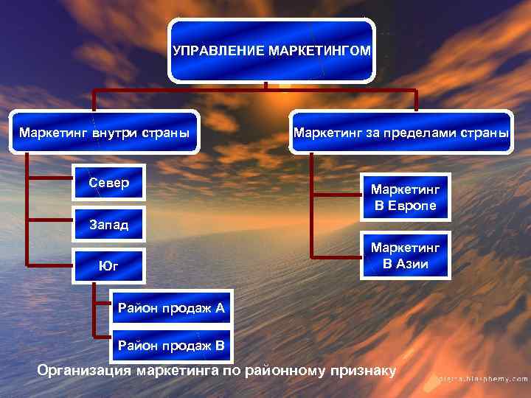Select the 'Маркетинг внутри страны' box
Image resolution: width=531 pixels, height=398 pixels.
pyautogui.click(x=104, y=133)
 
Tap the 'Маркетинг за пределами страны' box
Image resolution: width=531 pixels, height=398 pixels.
pyautogui.click(x=401, y=133)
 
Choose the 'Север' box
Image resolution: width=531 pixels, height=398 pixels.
pyautogui.click(x=108, y=182)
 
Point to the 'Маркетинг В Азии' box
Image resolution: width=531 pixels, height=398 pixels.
pyautogui.click(x=405, y=256)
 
